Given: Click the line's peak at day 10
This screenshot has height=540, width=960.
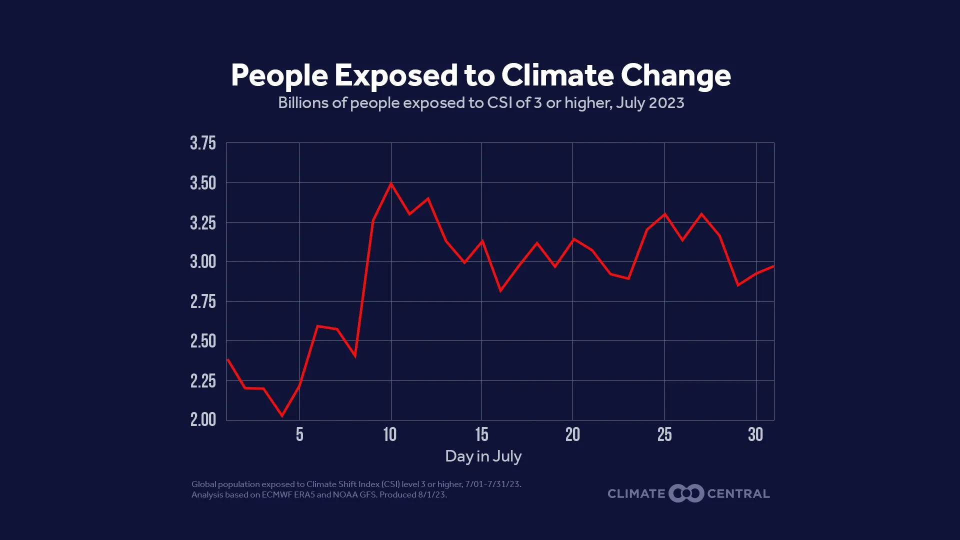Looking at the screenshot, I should (391, 183).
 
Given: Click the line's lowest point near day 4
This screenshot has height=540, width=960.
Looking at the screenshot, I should (282, 415).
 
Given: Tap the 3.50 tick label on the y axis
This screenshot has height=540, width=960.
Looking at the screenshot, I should (203, 183).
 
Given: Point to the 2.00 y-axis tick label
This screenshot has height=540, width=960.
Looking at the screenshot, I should (203, 419).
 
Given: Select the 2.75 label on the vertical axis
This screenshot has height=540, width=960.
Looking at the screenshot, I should (203, 301).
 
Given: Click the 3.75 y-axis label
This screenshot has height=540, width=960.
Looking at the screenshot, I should (203, 143).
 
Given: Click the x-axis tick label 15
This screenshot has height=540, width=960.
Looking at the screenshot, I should (481, 434).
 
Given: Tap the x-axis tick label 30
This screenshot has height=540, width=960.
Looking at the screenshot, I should (755, 434).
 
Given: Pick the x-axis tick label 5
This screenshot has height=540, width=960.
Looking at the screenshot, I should (299, 434).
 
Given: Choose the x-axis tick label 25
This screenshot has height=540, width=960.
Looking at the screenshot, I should (664, 434).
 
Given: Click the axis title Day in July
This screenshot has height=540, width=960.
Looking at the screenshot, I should (483, 456).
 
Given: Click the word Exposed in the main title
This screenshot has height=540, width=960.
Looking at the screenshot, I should (396, 75).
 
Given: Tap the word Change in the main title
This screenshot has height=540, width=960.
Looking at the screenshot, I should (675, 75).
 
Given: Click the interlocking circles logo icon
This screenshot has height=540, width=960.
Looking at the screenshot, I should (686, 493).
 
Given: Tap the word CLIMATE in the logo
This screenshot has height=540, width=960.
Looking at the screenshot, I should (636, 494).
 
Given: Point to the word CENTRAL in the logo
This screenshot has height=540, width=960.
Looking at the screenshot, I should (738, 494).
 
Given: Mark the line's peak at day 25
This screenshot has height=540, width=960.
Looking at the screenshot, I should (664, 214).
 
